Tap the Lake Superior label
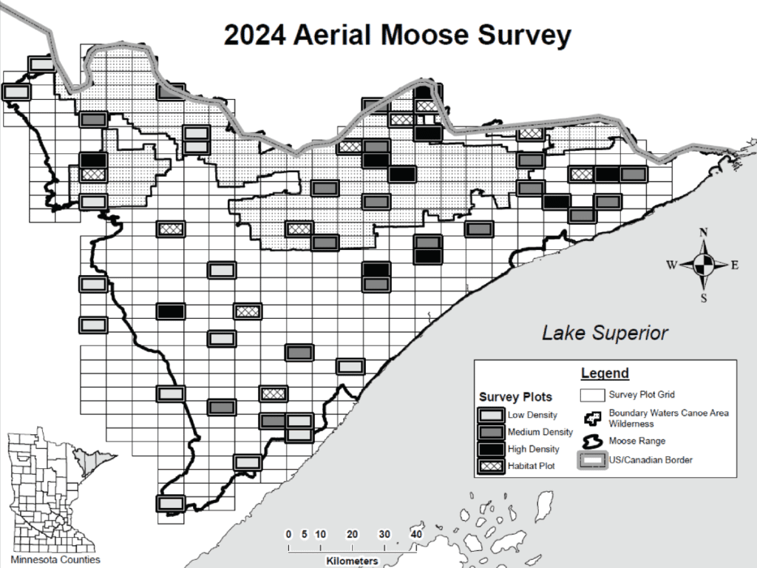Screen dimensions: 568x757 pos(605,333)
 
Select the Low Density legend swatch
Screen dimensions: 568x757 pos(491,415)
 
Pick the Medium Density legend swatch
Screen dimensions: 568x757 pos(491,432)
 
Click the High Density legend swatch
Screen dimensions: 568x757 pos(491,449)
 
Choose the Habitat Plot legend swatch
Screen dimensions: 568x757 pos(491,466)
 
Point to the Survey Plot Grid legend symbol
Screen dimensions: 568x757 pos(591,394)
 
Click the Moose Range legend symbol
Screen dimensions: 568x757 pos(591,441)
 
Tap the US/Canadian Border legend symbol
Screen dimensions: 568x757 pos(591,460)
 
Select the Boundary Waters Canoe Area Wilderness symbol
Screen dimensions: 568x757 pos(591,418)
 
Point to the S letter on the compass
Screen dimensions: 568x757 pos(704,298)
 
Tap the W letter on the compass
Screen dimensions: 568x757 pos(672,266)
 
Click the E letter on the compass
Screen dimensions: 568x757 pos(735,266)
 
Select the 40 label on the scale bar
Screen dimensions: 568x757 pos(416,535)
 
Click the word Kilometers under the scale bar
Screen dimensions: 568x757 pos(352,561)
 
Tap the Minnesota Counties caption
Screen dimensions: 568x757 pos(55,560)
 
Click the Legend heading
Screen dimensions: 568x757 pos(605,373)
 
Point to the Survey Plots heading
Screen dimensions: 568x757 pos(515,397)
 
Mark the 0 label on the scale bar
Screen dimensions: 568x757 pos(289,535)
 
